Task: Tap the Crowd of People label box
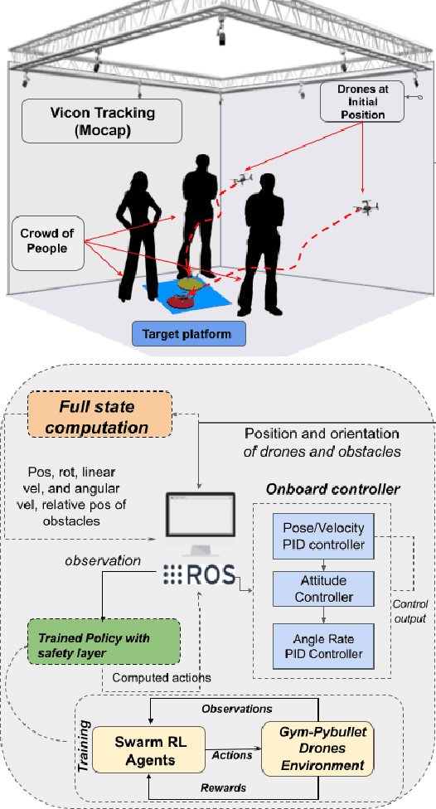47,243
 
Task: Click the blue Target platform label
191,335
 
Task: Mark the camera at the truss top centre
221,34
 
